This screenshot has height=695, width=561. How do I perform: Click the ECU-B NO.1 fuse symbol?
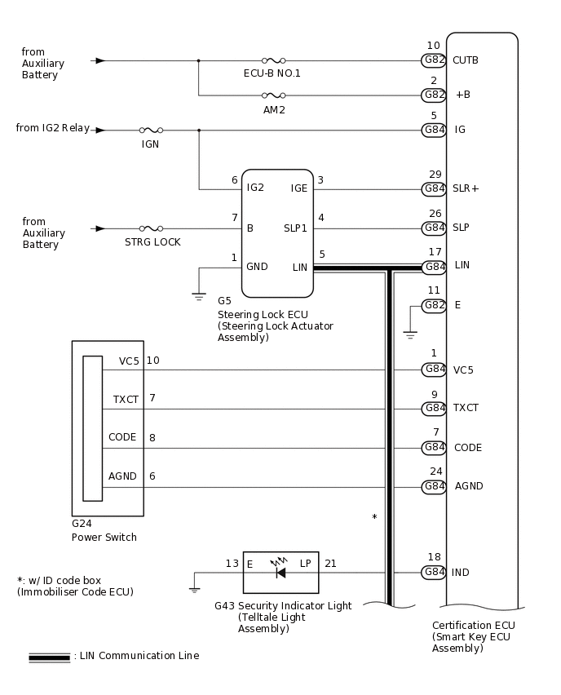(x=272, y=60)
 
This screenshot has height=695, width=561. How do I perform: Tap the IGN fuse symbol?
(x=151, y=130)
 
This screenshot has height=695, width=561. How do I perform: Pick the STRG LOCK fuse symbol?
(x=151, y=228)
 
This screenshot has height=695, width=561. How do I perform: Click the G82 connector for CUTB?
(x=434, y=60)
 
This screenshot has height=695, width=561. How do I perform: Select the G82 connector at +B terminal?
(x=434, y=95)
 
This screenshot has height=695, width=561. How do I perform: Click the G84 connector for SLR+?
(x=434, y=188)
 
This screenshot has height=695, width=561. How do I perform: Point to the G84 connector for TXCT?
(x=434, y=408)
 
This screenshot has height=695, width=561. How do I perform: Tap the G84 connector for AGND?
(x=434, y=486)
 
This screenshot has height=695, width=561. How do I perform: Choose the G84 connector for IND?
(x=434, y=573)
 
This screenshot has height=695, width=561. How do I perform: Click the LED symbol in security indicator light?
(x=280, y=572)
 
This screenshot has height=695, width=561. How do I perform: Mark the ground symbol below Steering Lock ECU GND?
(x=199, y=296)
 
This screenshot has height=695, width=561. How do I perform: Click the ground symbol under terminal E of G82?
(x=410, y=334)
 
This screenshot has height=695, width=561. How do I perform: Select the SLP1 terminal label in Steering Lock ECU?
(x=295, y=228)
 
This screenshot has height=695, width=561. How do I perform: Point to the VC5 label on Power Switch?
(x=129, y=361)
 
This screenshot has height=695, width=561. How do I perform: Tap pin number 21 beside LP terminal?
(x=330, y=564)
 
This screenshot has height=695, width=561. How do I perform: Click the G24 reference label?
(x=82, y=524)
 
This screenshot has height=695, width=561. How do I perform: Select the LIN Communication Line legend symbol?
(x=49, y=657)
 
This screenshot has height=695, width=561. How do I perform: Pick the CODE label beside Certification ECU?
(x=467, y=448)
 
